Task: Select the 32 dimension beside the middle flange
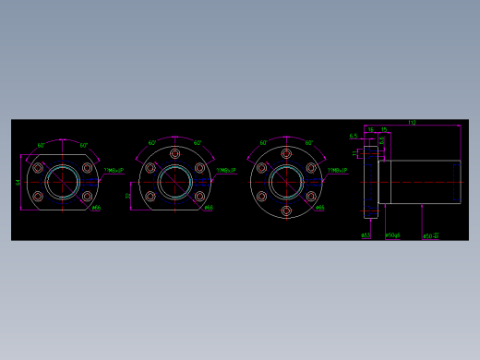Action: tap(129, 195)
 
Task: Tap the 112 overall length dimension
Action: tap(412, 123)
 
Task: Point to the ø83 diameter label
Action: tap(366, 235)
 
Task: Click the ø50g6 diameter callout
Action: tap(391, 235)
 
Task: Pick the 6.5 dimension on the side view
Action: tap(354, 137)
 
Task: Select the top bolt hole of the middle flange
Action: tap(173, 152)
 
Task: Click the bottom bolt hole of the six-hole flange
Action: tap(285, 211)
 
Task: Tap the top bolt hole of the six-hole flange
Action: tap(285, 152)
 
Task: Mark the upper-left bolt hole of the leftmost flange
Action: tap(38, 168)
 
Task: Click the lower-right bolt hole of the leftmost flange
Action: tap(88, 197)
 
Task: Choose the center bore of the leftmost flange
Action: tap(63, 182)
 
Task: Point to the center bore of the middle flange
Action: tap(173, 182)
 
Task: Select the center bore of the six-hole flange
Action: tap(285, 182)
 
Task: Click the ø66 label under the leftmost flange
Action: tap(97, 208)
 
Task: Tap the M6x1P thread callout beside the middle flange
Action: tap(225, 171)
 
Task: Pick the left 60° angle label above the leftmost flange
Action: tap(42, 145)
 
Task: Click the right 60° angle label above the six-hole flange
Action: tap(308, 143)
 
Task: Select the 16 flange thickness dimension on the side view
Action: tap(370, 130)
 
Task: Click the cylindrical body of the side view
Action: tap(421, 182)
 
